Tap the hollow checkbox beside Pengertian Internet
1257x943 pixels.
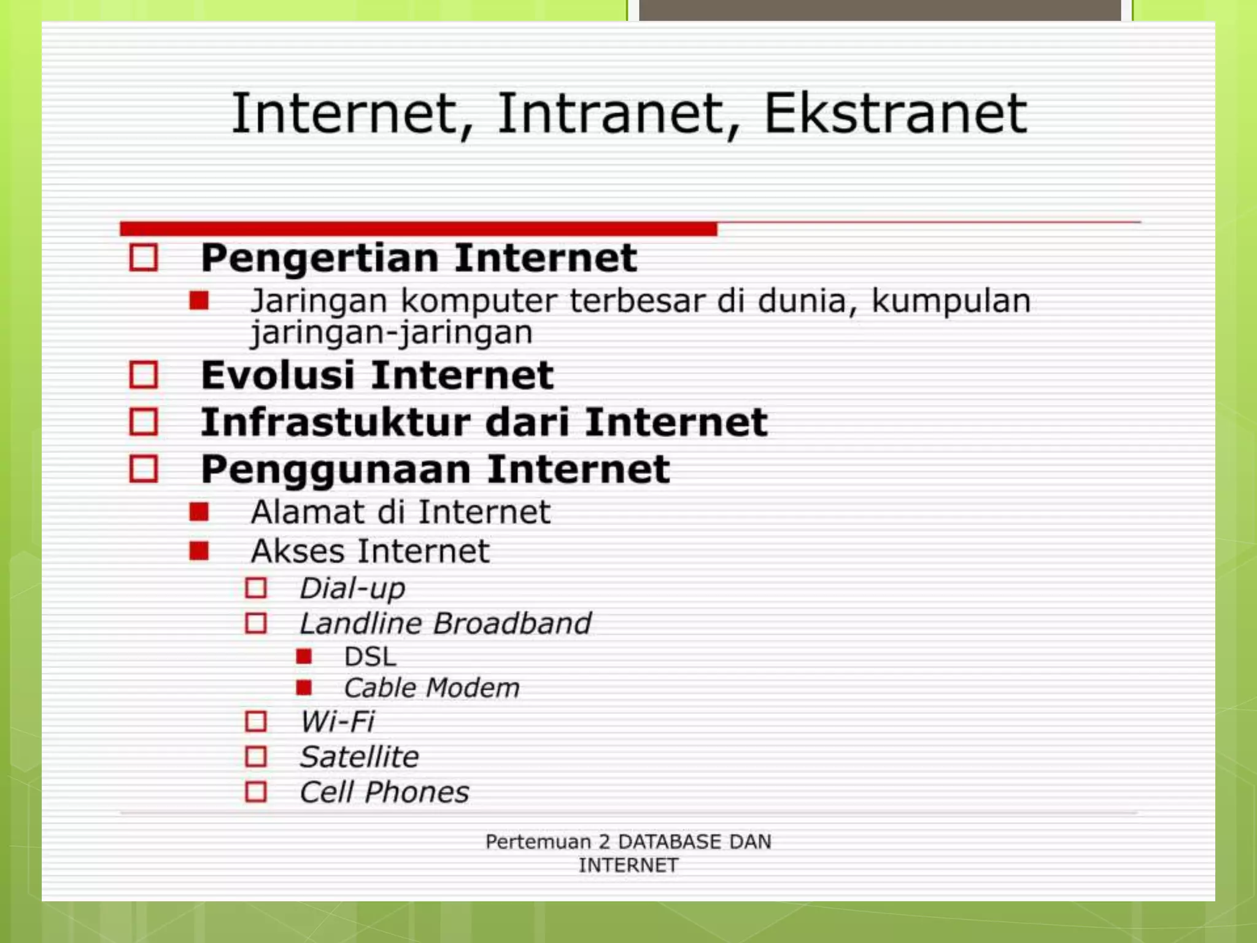[x=144, y=257]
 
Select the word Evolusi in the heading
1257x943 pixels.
[x=277, y=375]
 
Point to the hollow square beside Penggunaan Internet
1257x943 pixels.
[x=144, y=469]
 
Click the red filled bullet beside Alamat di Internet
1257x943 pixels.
[x=199, y=511]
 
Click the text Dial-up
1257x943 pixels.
[x=352, y=588]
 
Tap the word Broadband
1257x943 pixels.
[x=512, y=623]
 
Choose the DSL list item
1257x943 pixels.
[x=370, y=657]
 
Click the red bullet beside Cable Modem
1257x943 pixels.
[x=304, y=688]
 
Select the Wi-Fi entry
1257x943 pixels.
[x=337, y=721]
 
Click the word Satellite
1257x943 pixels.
[x=359, y=756]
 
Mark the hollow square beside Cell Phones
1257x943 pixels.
[x=256, y=792]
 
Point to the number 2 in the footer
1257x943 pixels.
[x=604, y=841]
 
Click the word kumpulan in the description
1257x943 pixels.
[x=951, y=301]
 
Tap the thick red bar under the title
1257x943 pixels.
[x=417, y=229]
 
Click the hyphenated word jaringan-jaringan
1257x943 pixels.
[x=392, y=333]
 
